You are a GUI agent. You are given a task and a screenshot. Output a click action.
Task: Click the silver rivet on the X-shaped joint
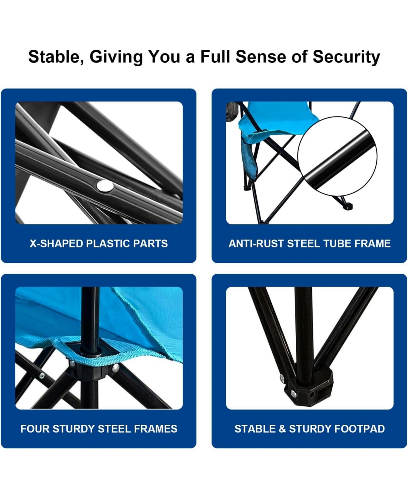tap(105, 186)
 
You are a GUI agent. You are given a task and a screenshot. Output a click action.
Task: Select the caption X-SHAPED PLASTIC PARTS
tap(99, 243)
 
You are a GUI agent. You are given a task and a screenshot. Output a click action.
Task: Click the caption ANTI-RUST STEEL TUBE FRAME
tap(309, 243)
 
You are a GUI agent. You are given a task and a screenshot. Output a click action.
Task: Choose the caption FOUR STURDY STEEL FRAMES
tap(99, 429)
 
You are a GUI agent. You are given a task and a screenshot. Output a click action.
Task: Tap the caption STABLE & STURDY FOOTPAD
tap(309, 429)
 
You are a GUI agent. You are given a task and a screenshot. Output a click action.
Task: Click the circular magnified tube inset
tap(337, 156)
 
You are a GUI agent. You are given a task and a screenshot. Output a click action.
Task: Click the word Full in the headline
tap(215, 57)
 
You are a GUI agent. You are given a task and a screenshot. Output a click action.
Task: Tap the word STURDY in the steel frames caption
tap(74, 429)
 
